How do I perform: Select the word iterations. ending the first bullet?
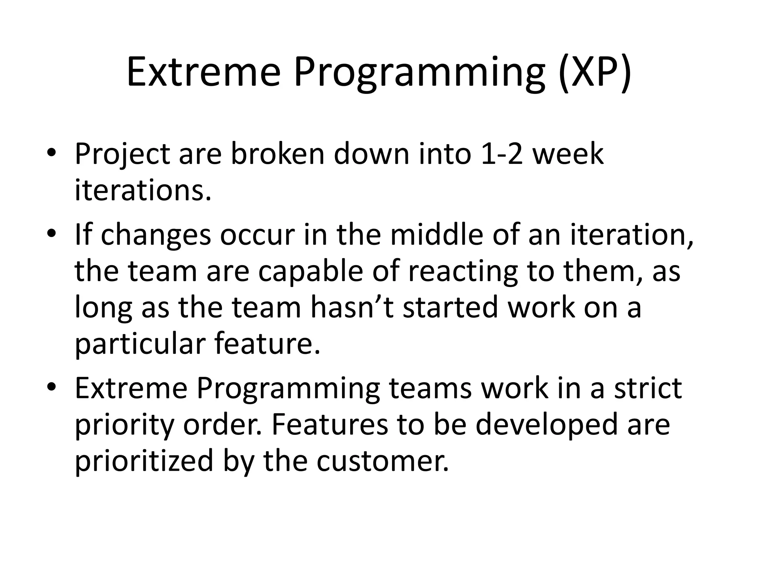point(143,190)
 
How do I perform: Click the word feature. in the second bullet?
point(267,344)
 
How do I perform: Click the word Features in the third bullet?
point(330,425)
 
